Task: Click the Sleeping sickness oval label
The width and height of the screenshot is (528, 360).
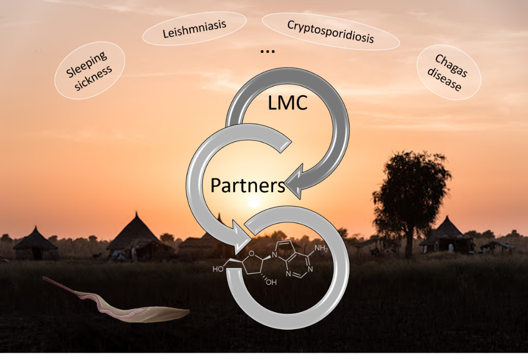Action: [x=89, y=71]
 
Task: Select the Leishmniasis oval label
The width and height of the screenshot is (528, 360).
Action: [x=195, y=28]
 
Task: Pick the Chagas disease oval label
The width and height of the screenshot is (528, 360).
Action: [x=448, y=73]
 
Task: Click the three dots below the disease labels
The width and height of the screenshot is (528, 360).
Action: [x=268, y=51]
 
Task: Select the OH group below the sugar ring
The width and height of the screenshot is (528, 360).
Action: [x=272, y=283]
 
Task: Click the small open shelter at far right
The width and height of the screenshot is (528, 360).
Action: [x=497, y=246]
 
